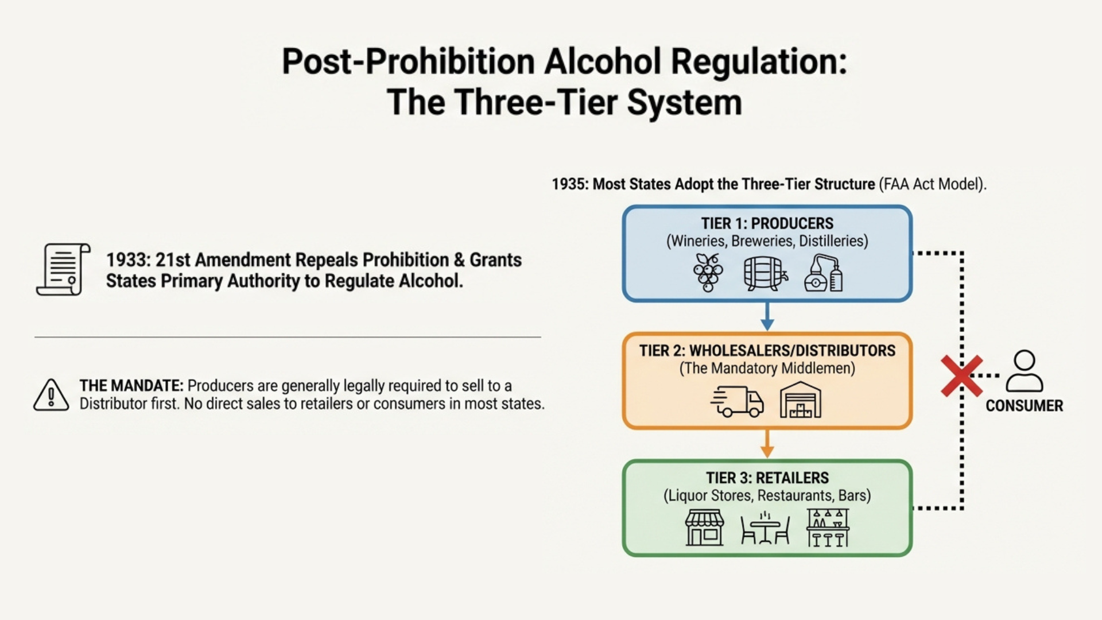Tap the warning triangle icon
(51, 396)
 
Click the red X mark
(961, 376)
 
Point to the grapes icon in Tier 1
(708, 273)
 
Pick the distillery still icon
(824, 273)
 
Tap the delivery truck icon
(738, 400)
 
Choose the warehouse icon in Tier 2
(800, 400)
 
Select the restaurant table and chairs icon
(765, 528)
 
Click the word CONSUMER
(1025, 406)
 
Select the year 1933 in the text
(127, 260)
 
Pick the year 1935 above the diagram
(570, 184)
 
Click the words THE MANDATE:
(131, 386)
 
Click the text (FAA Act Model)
(932, 184)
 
